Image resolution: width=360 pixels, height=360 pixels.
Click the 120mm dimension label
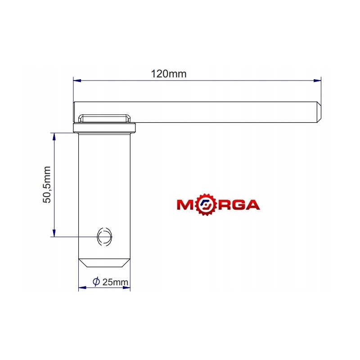tap(168, 73)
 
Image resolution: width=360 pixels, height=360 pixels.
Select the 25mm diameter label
tap(115, 282)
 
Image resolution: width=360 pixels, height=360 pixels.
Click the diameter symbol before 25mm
tap(96, 282)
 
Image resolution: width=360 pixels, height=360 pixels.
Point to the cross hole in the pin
tap(104, 236)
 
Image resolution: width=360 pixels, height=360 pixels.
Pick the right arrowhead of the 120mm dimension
tap(318, 81)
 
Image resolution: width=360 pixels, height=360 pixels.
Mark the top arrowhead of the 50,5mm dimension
tap(54, 136)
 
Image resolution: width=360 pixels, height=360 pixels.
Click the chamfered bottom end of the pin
tap(104, 262)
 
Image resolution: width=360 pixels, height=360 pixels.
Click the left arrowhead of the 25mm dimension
tap(82, 288)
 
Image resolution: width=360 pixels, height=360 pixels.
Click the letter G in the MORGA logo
tap(237, 205)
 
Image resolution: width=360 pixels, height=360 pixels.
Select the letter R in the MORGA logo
tap(222, 205)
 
